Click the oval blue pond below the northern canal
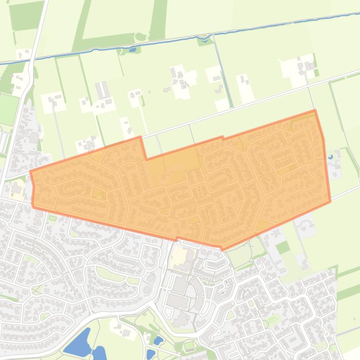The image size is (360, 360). point(132,49)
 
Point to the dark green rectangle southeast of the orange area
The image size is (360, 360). point(282,247)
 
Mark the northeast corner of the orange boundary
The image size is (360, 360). point(315,111)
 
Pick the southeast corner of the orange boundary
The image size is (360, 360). point(330,202)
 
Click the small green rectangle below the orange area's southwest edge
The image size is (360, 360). point(52,218)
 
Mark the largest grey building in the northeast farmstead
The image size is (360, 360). point(310,66)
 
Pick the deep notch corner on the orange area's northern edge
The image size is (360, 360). point(146,159)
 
